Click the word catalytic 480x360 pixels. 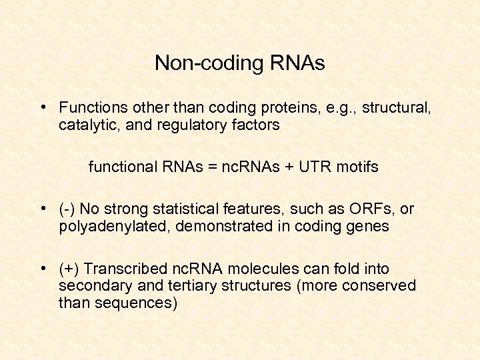click(x=86, y=125)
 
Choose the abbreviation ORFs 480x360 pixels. click(x=372, y=209)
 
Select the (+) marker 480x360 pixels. click(x=69, y=269)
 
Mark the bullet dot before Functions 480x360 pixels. click(x=42, y=107)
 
